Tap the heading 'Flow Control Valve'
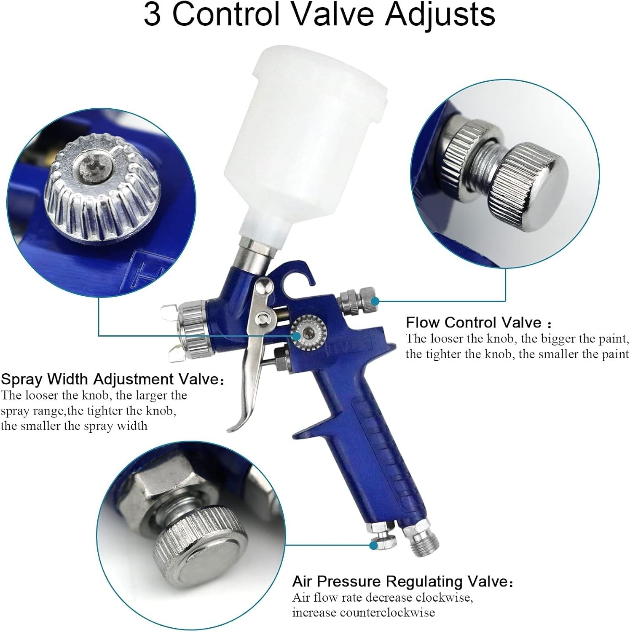click(x=473, y=322)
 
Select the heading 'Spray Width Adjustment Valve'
click(x=109, y=379)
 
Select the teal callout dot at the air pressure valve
click(x=373, y=545)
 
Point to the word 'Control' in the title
click(x=226, y=15)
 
